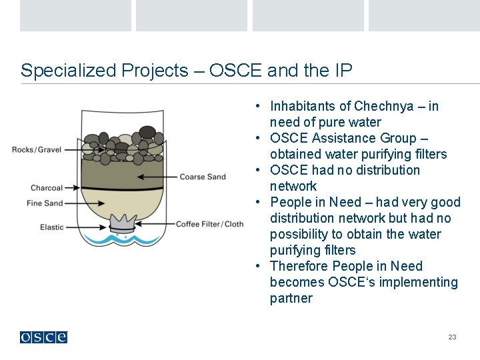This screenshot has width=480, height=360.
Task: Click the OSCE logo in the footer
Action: (x=43, y=337)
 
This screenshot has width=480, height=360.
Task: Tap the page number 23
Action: (x=452, y=337)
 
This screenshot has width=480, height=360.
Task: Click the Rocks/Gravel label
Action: (x=37, y=149)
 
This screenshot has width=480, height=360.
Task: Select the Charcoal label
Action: (x=47, y=188)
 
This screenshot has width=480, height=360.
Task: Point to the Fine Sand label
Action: (x=45, y=203)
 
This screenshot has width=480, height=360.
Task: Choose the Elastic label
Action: (x=52, y=227)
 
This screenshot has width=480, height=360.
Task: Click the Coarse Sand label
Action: (x=203, y=177)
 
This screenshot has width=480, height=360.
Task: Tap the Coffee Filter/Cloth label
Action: (x=209, y=224)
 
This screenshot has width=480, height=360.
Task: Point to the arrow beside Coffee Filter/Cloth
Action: (x=157, y=224)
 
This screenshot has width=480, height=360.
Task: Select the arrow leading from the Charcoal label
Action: (x=73, y=188)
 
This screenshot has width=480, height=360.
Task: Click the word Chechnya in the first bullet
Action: (x=383, y=106)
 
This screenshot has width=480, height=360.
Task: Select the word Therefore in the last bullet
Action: (x=297, y=266)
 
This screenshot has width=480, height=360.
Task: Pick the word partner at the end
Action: (x=291, y=298)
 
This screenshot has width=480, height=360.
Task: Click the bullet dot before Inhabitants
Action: (x=257, y=107)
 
